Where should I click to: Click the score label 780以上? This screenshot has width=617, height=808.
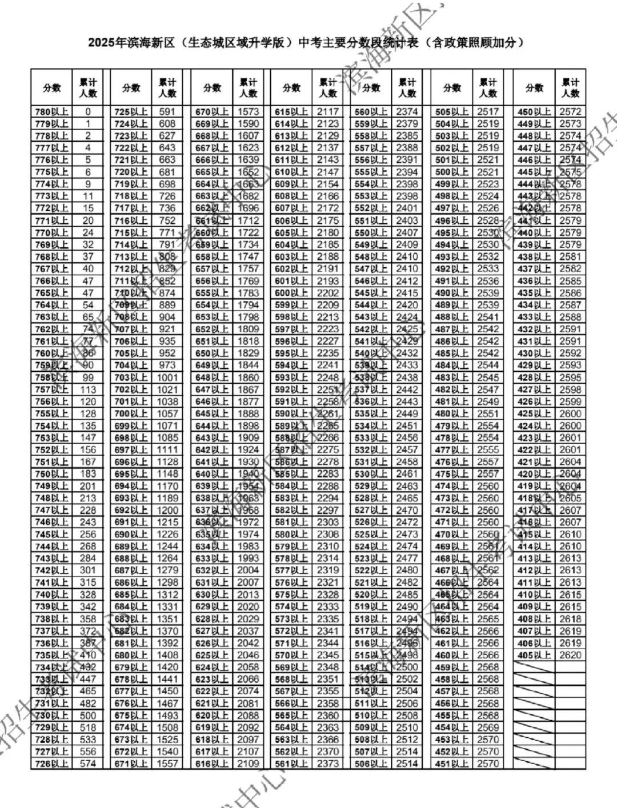[x=51, y=112]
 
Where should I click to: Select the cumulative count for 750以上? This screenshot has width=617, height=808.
[x=88, y=474]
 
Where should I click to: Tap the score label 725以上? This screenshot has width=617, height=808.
[x=131, y=112]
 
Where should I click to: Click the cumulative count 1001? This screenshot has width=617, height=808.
[x=167, y=377]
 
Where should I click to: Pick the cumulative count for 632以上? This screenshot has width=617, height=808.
[x=248, y=570]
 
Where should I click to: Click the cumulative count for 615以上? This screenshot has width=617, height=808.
[x=328, y=112]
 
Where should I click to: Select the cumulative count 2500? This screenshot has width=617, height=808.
[x=407, y=667]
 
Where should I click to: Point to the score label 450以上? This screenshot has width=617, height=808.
[x=534, y=112]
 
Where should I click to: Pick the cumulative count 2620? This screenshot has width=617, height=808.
[x=570, y=655]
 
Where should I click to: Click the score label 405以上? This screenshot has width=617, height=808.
[x=534, y=655]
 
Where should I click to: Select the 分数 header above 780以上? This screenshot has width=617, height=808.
[x=51, y=88]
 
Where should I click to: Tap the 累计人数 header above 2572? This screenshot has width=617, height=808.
[x=570, y=88]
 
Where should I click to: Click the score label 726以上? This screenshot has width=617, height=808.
[x=51, y=763]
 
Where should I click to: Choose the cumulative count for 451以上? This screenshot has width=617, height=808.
[x=488, y=763]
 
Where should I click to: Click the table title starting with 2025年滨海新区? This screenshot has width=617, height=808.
[x=306, y=43]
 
